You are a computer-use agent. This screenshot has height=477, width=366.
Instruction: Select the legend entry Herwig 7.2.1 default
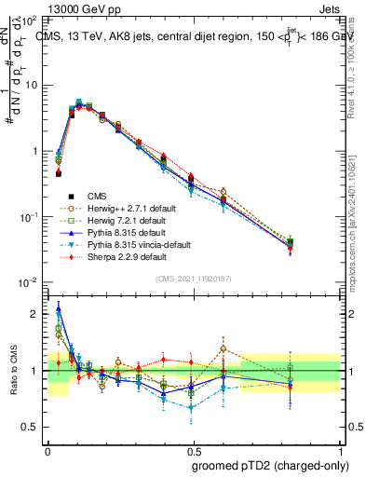coord(110,222)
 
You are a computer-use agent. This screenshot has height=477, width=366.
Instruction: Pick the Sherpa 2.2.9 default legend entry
coord(109,255)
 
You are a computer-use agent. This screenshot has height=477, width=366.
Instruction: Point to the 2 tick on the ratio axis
coord(37,314)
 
